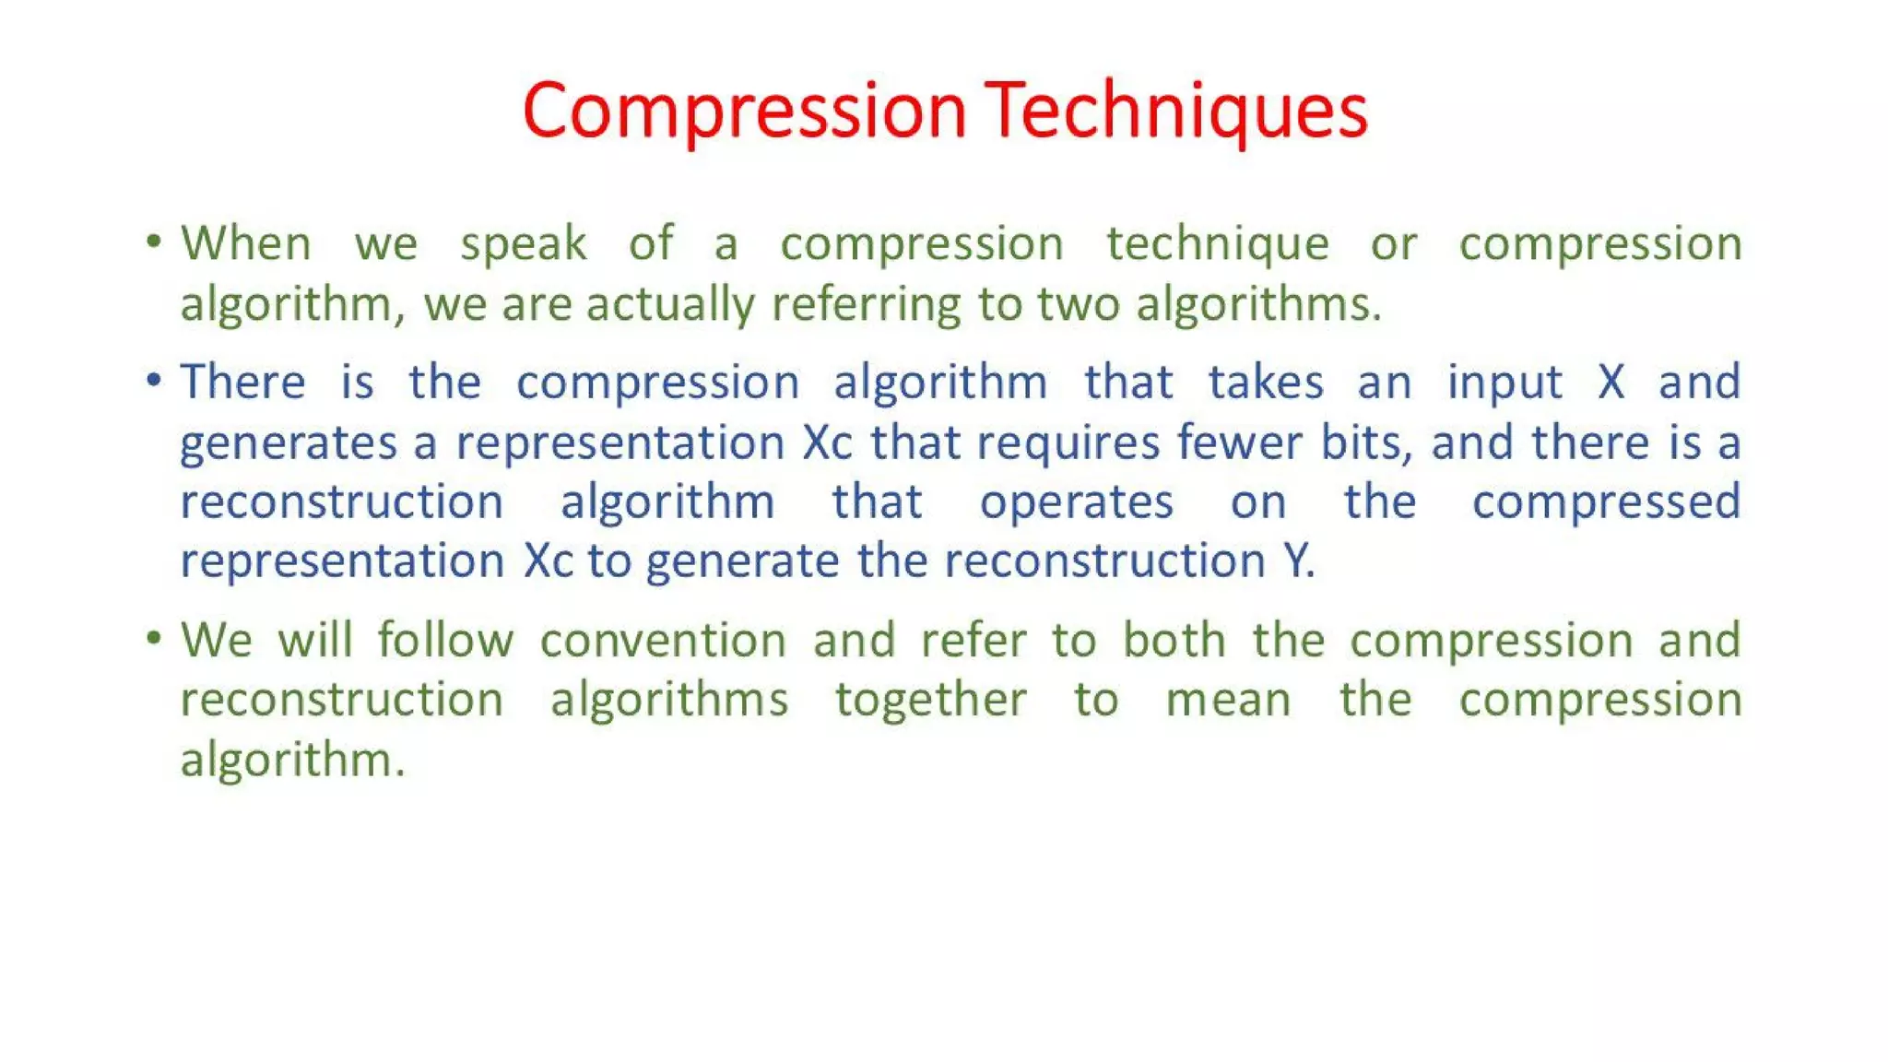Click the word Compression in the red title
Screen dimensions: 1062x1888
click(x=744, y=111)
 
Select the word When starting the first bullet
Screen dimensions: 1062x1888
click(x=245, y=244)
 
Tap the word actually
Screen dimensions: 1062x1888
click(x=670, y=305)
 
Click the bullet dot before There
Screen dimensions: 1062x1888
click(x=154, y=380)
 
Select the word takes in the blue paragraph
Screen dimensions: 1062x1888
click(x=1265, y=382)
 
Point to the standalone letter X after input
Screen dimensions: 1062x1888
click(x=1611, y=382)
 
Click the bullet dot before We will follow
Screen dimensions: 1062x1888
click(x=154, y=638)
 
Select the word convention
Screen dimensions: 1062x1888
click(x=663, y=641)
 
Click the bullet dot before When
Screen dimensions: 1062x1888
click(x=154, y=242)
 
